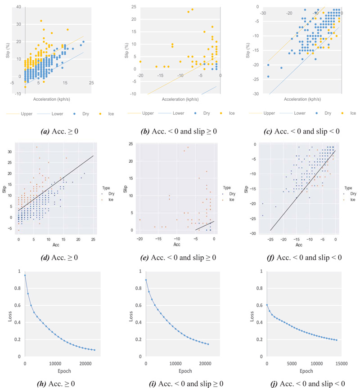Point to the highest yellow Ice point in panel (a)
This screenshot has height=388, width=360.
click(x=41, y=21)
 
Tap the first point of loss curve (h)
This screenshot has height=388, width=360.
click(x=25, y=275)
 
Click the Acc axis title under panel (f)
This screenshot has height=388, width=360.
click(x=299, y=245)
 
